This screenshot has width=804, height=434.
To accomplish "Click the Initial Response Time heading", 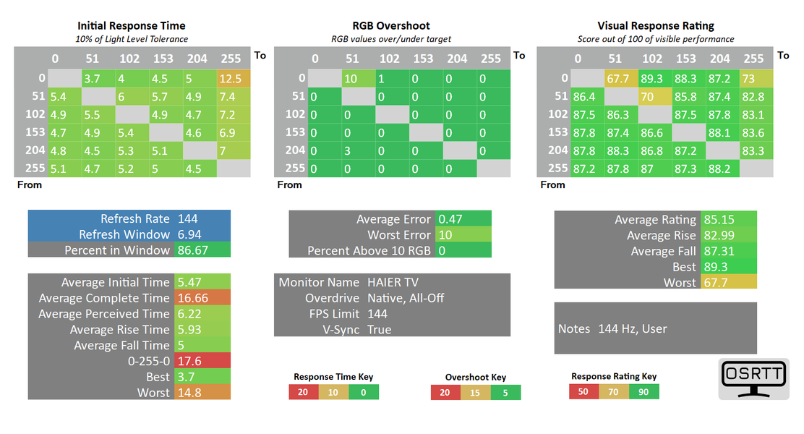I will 132,26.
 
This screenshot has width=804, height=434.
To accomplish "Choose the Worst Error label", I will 398,235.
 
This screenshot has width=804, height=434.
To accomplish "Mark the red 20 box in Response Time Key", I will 303,392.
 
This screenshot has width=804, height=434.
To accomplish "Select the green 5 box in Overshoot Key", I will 505,393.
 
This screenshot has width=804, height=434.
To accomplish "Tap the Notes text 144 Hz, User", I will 633,328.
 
